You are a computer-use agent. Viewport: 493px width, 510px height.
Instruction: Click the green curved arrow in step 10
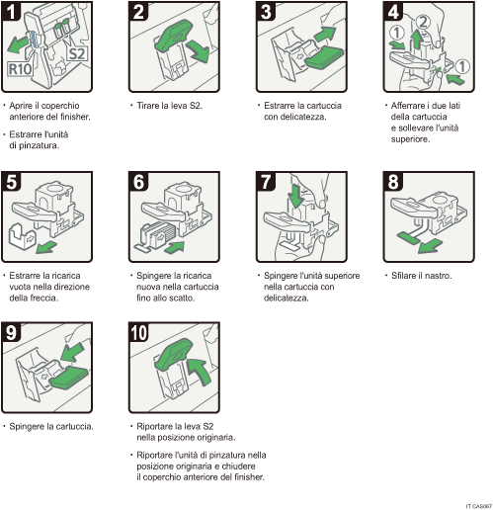(198, 374)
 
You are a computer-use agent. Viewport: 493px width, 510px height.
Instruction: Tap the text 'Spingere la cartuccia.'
(51, 426)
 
